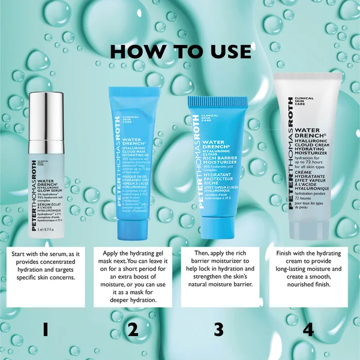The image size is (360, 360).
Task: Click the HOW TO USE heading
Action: (179, 51)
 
